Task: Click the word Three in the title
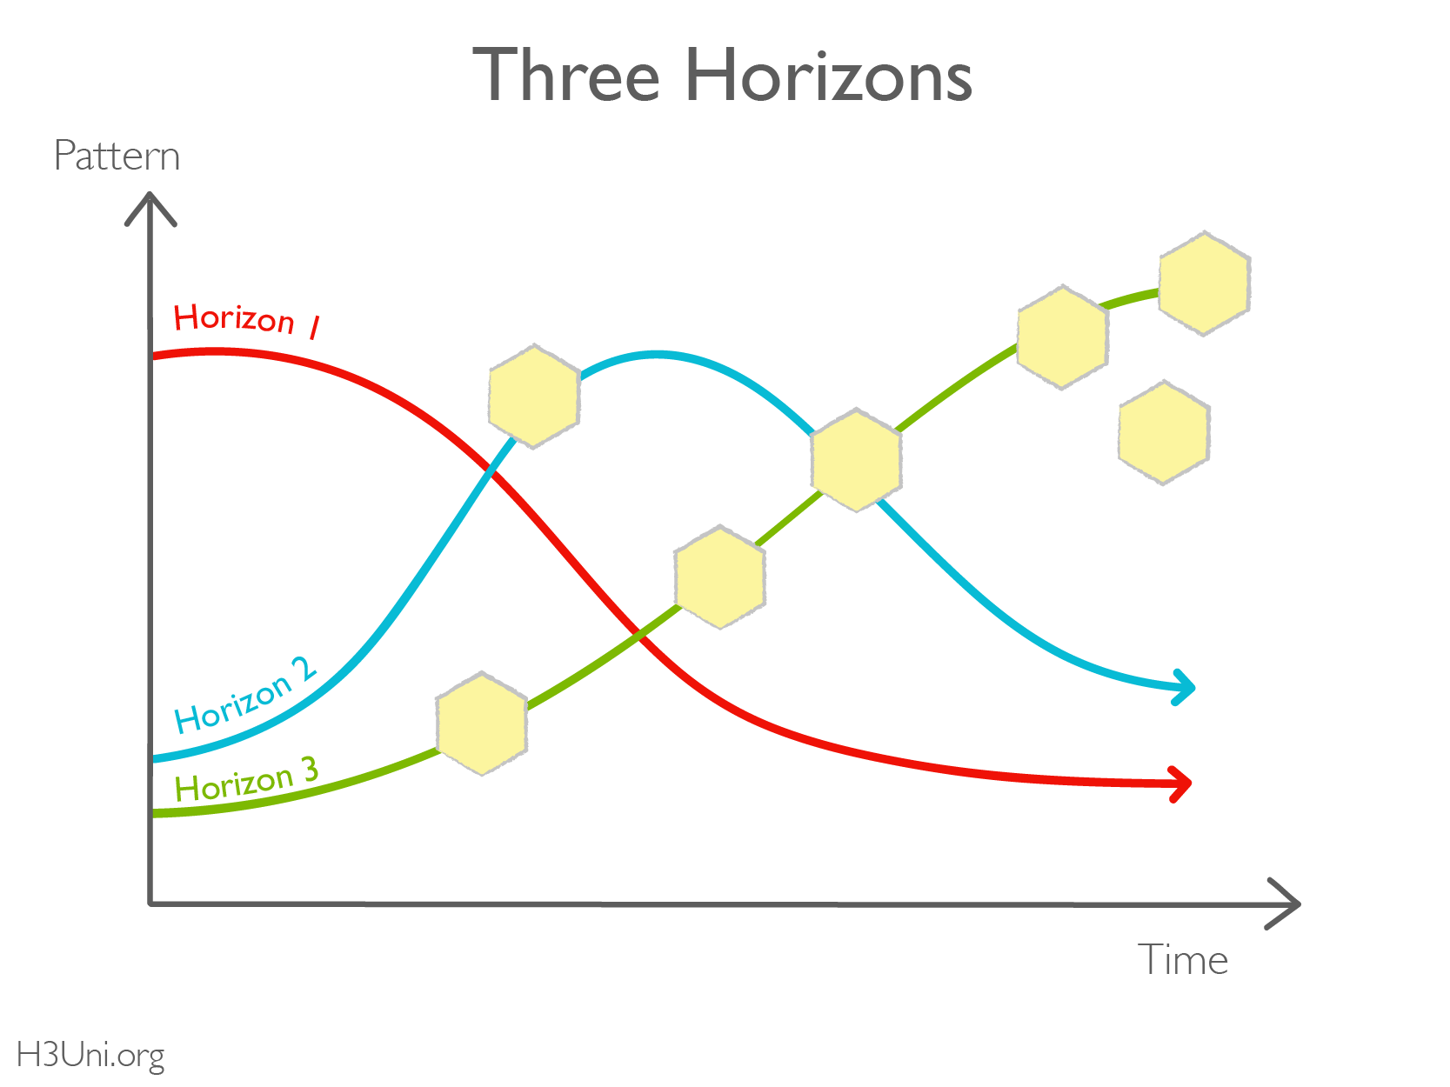565,76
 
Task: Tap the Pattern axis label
117,157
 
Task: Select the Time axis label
1182,960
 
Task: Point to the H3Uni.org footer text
90,1055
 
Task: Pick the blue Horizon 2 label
245,696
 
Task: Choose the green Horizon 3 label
246,780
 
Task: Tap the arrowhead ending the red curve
1181,784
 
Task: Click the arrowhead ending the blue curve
1186,688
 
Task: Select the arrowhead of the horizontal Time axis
1287,904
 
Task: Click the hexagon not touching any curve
1164,432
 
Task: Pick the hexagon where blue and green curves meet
856,460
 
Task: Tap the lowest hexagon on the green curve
482,724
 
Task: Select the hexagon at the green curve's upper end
1205,283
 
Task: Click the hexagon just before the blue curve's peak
534,397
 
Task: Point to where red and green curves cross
640,635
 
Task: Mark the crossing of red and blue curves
490,474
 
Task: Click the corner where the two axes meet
151,904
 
